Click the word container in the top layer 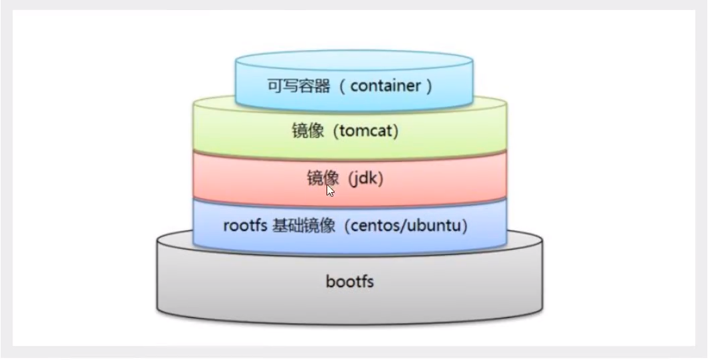(386, 86)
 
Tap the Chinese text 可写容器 (299, 86)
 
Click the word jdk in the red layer (365, 179)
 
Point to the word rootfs (245, 226)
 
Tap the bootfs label (349, 281)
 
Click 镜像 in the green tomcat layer (308, 131)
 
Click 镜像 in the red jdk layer (323, 179)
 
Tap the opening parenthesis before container (343, 86)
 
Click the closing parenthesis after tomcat (395, 131)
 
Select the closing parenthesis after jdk (380, 179)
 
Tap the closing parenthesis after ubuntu (464, 226)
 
